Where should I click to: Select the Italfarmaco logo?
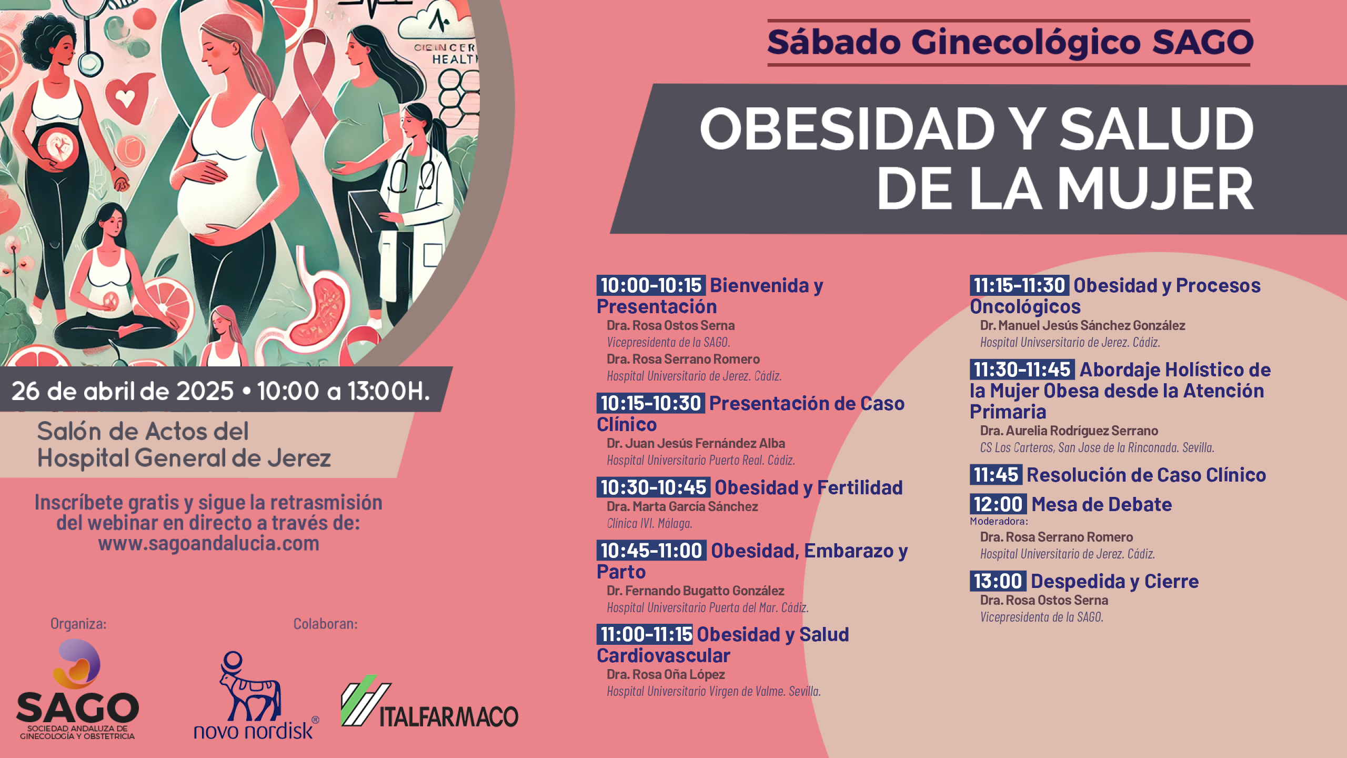click(429, 701)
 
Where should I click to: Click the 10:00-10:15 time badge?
click(651, 285)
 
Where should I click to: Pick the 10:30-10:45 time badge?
click(653, 487)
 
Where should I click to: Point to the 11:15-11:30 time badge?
click(1019, 285)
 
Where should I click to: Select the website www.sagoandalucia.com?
click(208, 543)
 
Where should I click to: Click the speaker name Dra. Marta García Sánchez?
click(682, 506)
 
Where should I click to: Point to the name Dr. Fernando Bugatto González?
click(695, 591)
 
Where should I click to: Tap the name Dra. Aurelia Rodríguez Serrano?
click(1069, 431)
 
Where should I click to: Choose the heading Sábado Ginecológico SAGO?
click(1010, 42)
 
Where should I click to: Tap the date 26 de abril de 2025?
click(123, 391)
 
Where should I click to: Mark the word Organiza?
click(78, 624)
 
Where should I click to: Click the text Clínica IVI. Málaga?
click(649, 523)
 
